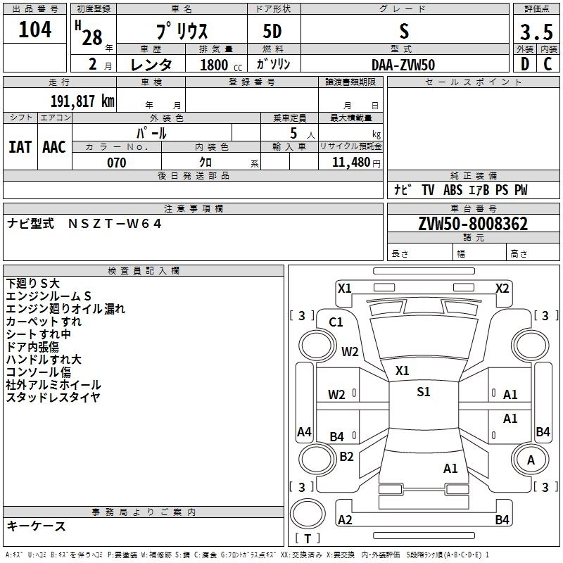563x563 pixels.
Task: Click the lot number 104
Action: click(x=34, y=30)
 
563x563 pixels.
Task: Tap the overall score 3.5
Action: click(x=536, y=32)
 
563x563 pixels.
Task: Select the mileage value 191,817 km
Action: click(x=82, y=101)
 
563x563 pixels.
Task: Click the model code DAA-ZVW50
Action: click(x=403, y=65)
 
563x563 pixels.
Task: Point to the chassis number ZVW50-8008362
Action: click(x=473, y=224)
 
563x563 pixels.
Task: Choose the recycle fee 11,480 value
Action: click(x=351, y=163)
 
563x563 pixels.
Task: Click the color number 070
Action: click(x=117, y=163)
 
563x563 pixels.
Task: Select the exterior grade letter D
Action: click(x=525, y=64)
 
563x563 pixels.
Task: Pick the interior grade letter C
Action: click(x=548, y=64)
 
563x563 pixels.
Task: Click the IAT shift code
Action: click(x=20, y=147)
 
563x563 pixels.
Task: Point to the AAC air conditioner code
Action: click(x=54, y=147)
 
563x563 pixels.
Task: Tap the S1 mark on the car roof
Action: click(x=424, y=392)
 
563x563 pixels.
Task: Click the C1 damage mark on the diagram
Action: click(x=336, y=322)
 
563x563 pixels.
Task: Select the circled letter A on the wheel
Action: click(x=531, y=460)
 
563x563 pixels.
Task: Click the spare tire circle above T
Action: click(x=308, y=514)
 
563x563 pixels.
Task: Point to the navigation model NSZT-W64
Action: click(x=115, y=224)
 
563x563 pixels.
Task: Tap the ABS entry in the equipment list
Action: click(x=453, y=190)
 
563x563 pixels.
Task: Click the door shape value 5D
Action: click(x=272, y=32)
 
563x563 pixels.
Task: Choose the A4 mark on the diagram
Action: click(x=304, y=431)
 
